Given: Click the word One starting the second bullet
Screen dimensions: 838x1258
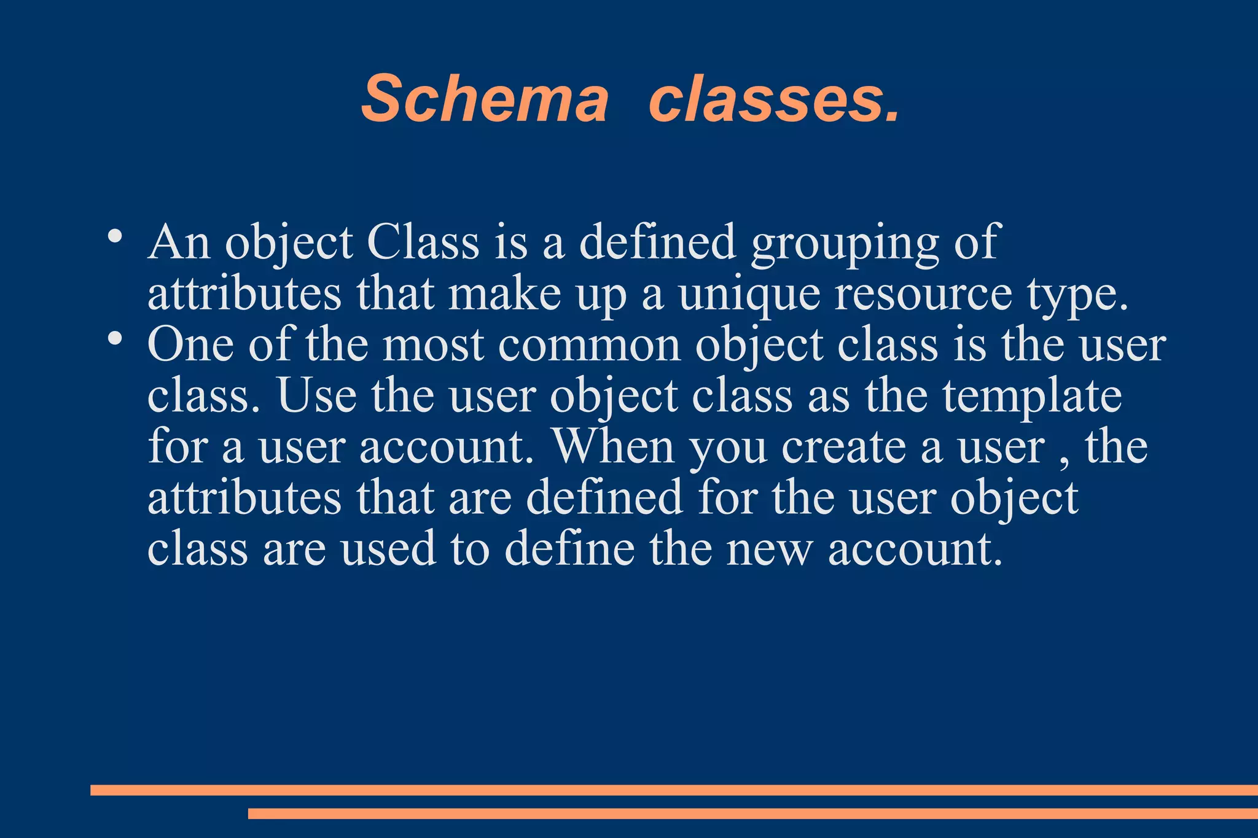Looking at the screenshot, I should tap(190, 344).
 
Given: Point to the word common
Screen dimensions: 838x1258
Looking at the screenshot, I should tap(590, 344).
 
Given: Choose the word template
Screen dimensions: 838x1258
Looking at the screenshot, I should tap(1032, 397).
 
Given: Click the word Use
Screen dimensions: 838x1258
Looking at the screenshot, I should tap(316, 395).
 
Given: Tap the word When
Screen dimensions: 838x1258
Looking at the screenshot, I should tap(614, 446).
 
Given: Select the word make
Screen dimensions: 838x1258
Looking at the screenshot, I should tap(504, 293).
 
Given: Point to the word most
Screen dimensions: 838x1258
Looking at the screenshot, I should tap(434, 344).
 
